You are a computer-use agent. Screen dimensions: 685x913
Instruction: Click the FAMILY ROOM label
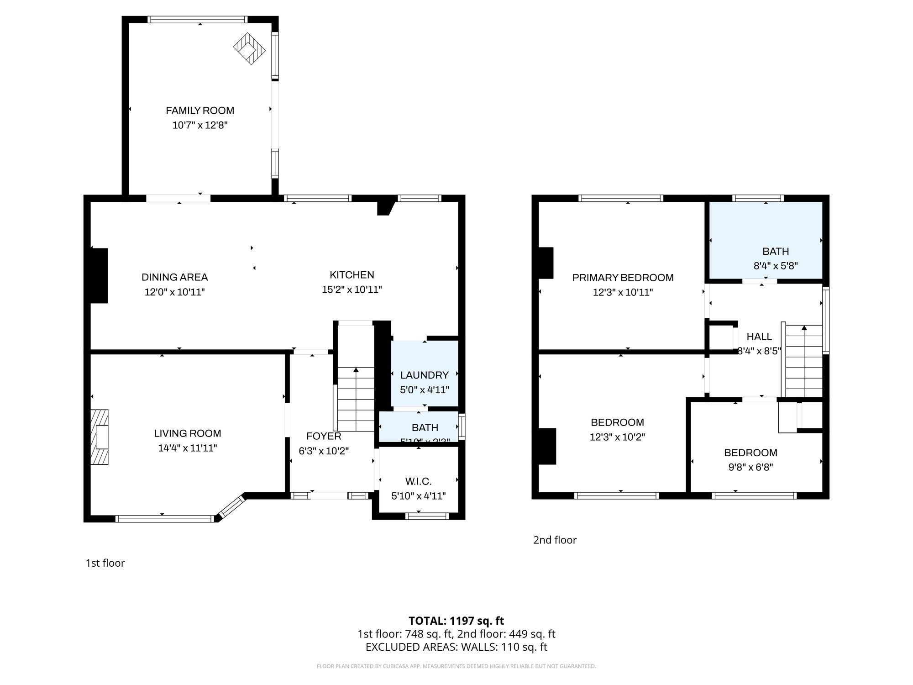(200, 111)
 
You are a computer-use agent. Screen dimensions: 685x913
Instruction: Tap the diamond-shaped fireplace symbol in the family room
(249, 48)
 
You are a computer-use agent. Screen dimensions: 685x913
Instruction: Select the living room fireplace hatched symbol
(100, 437)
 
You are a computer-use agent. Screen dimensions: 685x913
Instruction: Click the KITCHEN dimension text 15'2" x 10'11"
(352, 290)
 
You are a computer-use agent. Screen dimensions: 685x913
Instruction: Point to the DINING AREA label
(174, 277)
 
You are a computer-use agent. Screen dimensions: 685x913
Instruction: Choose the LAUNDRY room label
(424, 375)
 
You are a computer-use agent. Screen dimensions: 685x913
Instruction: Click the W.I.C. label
(418, 481)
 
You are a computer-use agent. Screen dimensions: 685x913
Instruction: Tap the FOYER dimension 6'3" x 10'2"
(324, 451)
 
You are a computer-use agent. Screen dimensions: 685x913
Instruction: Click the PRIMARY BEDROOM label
(623, 278)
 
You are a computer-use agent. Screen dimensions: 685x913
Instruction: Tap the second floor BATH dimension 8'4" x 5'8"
(775, 266)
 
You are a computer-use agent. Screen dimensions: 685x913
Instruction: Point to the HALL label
(759, 337)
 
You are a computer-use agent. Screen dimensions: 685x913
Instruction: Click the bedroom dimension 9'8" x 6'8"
(750, 467)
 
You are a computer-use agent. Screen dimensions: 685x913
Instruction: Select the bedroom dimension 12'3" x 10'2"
(617, 437)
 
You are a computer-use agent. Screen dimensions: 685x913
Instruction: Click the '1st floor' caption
(105, 563)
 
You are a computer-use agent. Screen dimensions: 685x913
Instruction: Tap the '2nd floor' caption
(555, 540)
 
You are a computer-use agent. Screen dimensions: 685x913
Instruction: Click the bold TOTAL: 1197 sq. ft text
(456, 621)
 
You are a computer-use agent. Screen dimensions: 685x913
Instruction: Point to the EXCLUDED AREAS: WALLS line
(456, 647)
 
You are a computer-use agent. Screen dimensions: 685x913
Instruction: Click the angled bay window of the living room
(232, 507)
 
